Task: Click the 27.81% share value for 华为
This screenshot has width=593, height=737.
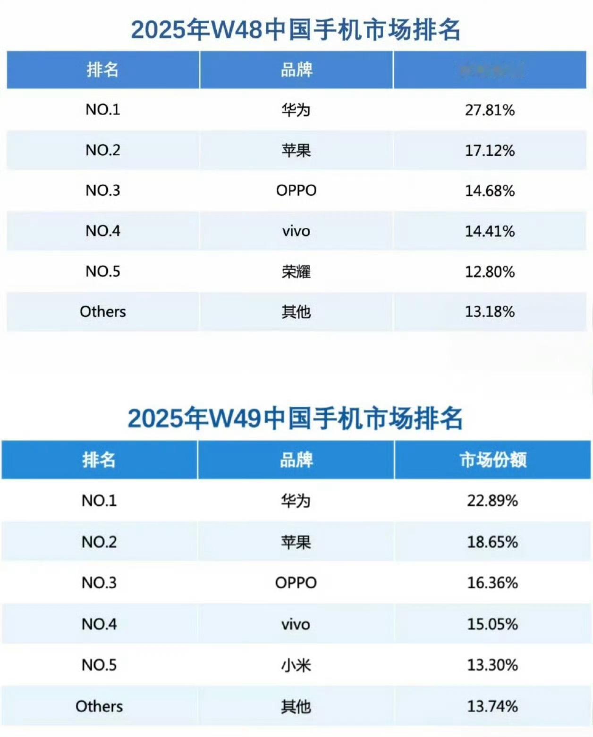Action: coord(490,110)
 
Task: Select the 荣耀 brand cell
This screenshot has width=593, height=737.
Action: coord(296,272)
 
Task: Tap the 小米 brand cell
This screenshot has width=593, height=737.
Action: coord(296,665)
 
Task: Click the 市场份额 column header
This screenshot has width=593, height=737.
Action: coord(493,460)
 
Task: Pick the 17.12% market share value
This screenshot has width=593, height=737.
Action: coord(490,151)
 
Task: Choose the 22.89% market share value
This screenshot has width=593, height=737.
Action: coord(492,501)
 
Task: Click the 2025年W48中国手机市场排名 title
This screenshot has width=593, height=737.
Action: coord(296,29)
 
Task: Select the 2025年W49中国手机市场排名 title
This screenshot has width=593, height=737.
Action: coord(295,419)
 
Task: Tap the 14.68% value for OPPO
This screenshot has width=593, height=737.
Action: coord(490,191)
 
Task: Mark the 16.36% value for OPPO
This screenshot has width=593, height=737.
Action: coord(492,583)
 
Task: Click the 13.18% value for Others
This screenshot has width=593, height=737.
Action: coord(490,312)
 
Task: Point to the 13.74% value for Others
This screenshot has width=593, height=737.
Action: coord(492,706)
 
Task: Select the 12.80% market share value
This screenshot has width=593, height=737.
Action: coord(490,272)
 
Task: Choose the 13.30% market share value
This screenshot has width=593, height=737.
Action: coord(492,665)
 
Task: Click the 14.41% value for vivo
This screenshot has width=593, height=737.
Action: coord(490,231)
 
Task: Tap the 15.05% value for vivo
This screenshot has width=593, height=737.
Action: coord(492,624)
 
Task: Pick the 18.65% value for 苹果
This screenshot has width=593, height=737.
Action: coord(492,542)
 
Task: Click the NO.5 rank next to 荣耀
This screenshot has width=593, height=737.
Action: coord(103,271)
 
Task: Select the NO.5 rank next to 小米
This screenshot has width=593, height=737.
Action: coord(99,665)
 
